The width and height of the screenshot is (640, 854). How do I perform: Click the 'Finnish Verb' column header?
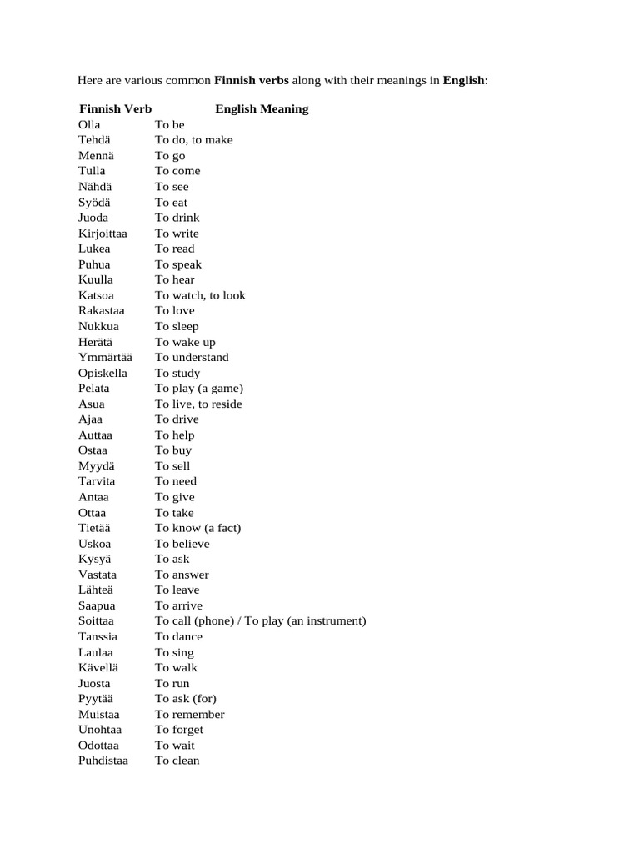tap(115, 109)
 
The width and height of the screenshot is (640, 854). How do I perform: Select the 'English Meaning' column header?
tap(262, 109)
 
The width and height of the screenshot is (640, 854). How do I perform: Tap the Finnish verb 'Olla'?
tap(89, 125)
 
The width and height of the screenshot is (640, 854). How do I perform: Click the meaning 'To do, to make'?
tap(194, 140)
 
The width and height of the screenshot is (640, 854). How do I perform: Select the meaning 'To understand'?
tap(192, 358)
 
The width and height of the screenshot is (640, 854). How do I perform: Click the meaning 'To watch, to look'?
tap(200, 295)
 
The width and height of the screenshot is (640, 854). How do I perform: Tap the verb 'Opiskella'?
tap(102, 373)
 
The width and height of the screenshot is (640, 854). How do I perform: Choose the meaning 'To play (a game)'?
tap(199, 389)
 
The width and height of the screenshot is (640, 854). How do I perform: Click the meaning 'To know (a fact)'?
tap(198, 528)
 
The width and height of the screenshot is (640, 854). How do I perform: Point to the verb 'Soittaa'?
tap(97, 621)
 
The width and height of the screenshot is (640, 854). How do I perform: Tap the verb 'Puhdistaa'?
tap(103, 761)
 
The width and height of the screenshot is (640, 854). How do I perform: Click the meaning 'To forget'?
tap(179, 730)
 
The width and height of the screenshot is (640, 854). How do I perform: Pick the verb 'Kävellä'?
tap(98, 668)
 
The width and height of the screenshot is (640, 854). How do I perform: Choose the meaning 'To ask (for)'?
tap(186, 699)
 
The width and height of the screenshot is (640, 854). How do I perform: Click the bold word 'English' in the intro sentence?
tap(463, 81)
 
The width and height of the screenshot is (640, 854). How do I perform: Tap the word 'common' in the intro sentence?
tap(186, 81)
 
